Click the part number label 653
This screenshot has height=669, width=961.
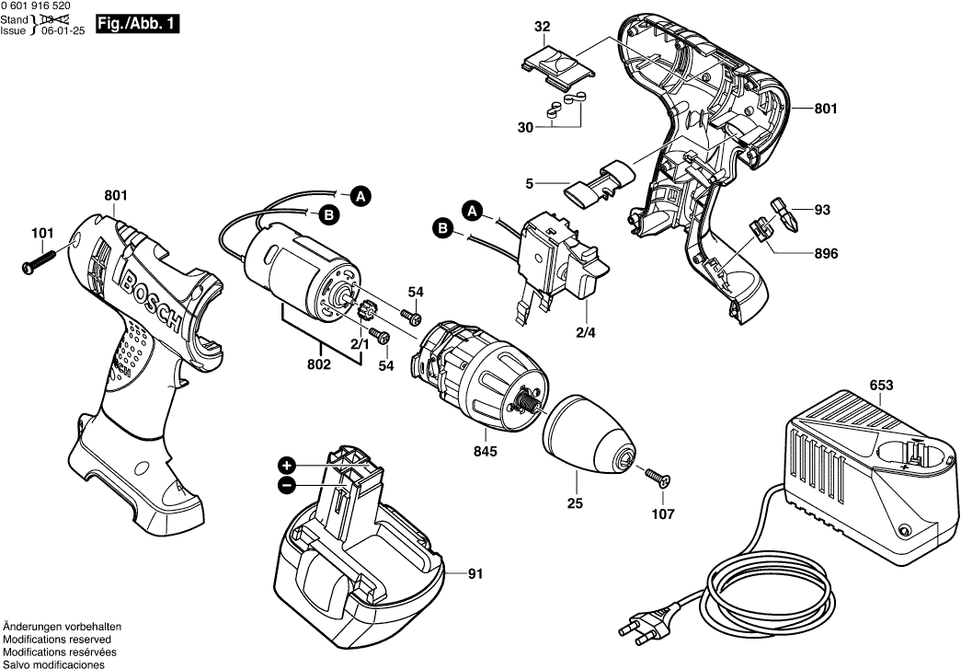pyautogui.click(x=881, y=387)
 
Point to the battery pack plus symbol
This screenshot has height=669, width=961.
pyautogui.click(x=288, y=465)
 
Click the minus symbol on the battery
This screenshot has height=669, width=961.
pyautogui.click(x=288, y=484)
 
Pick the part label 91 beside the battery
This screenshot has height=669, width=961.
pyautogui.click(x=475, y=575)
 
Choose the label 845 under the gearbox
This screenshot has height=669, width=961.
pyautogui.click(x=486, y=451)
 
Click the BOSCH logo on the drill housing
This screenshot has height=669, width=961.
pyautogui.click(x=153, y=299)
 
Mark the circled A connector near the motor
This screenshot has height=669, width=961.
pyautogui.click(x=361, y=196)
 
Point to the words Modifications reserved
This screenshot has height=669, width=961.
pyautogui.click(x=57, y=639)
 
